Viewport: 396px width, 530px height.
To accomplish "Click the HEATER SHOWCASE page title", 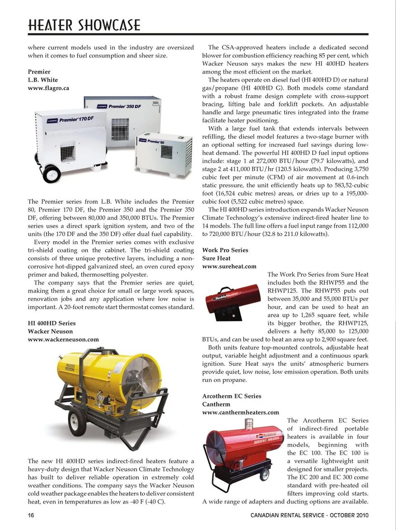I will click(x=84, y=25).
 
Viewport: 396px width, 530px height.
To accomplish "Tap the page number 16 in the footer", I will click(x=31, y=515).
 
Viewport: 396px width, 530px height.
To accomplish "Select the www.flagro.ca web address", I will click(x=48, y=88).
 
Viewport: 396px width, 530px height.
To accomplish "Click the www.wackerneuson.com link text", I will click(x=63, y=339).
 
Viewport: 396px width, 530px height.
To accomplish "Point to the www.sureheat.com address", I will click(x=229, y=266).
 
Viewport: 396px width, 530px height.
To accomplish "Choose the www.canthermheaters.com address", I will click(x=240, y=412).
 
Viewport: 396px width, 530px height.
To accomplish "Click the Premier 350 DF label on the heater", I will click(x=124, y=106).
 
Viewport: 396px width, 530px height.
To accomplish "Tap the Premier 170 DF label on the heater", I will click(x=76, y=120).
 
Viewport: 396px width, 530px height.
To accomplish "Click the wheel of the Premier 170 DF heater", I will click(x=52, y=173).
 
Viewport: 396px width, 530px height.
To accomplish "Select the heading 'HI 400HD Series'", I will click(x=52, y=323).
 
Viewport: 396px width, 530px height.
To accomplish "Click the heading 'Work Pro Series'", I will click(x=225, y=250).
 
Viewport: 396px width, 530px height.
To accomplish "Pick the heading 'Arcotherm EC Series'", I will click(x=232, y=396).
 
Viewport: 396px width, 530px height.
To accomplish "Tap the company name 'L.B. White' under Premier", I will click(x=43, y=80).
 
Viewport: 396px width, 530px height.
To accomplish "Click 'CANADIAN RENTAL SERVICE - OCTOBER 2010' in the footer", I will click(x=309, y=515).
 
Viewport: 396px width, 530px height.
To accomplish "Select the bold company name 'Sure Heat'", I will click(x=216, y=258).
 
